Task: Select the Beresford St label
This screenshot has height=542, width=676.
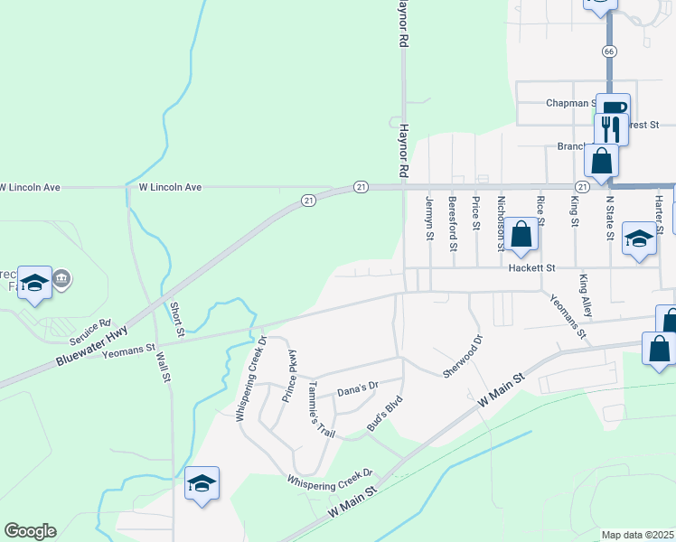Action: pyautogui.click(x=453, y=223)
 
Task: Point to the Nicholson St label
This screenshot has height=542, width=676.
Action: pyautogui.click(x=500, y=223)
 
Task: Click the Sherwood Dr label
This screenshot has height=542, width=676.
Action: pyautogui.click(x=463, y=357)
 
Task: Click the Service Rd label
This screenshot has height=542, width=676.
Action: pyautogui.click(x=89, y=331)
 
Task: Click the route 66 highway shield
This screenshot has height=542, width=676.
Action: pyautogui.click(x=610, y=52)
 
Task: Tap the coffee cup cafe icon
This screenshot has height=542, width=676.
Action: pyautogui.click(x=611, y=107)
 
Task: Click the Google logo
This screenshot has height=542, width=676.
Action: pyautogui.click(x=30, y=531)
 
